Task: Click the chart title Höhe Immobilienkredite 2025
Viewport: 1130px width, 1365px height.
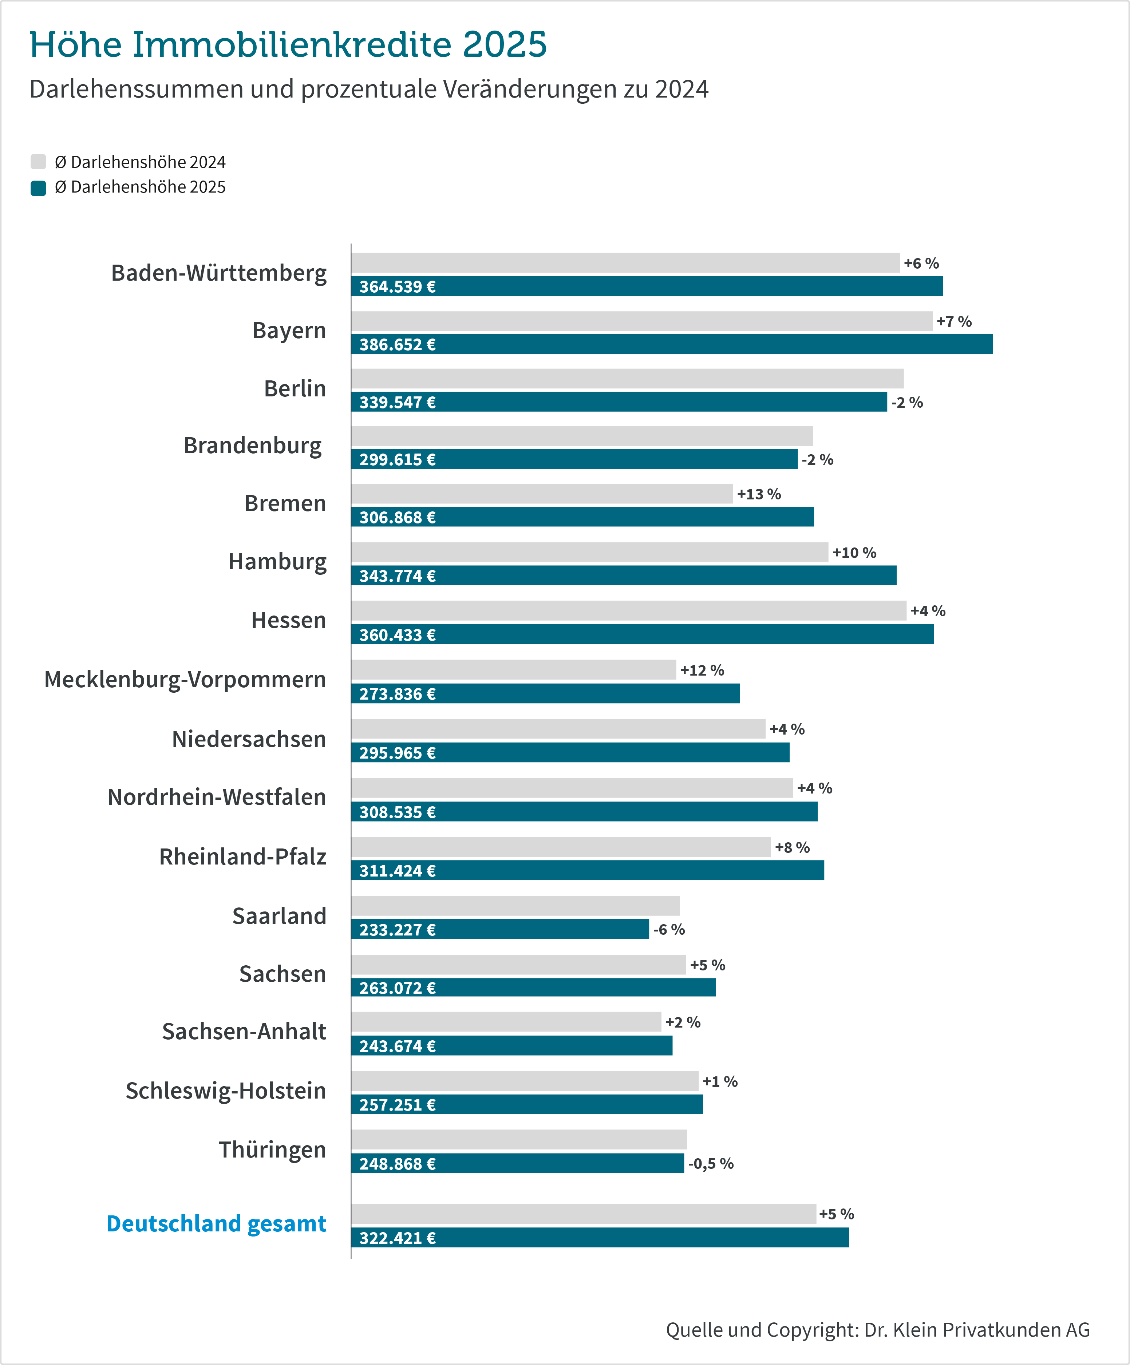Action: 288,45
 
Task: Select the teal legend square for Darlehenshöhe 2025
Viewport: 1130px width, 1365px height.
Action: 38,188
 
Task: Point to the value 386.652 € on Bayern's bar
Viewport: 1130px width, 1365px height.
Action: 397,344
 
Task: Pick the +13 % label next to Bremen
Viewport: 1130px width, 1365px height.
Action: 759,494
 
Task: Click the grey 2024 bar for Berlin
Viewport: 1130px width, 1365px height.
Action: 627,378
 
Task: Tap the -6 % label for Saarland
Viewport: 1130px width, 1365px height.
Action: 669,930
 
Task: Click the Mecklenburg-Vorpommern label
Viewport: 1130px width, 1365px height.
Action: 185,679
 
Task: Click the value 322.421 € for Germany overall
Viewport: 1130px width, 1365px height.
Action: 397,1238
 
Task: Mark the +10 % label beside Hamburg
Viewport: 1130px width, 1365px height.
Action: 854,553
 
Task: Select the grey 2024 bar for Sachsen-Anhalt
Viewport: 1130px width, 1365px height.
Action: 506,1022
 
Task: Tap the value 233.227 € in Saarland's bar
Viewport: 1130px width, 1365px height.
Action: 397,930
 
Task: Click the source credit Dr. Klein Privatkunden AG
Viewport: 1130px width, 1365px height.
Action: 878,1329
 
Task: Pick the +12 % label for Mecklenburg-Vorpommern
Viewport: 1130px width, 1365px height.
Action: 702,670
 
